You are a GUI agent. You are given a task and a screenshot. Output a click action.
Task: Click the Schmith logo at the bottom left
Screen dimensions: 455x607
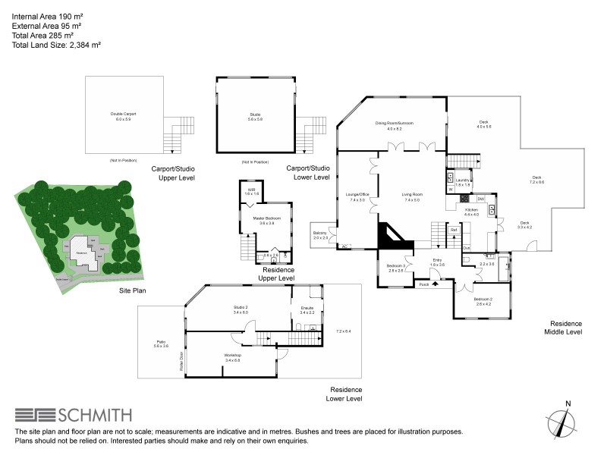pos(73,415)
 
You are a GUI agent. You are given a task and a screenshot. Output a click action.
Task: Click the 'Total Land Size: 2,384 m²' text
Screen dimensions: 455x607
pos(57,45)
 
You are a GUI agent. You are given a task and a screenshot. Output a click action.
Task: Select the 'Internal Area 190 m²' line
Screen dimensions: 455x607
pos(47,15)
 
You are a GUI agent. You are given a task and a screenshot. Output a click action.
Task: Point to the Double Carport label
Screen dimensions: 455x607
pos(123,116)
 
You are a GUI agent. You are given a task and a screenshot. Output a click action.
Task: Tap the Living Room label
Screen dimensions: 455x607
pos(412,197)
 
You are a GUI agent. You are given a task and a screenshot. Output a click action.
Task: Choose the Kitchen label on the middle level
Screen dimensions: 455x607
pos(471,212)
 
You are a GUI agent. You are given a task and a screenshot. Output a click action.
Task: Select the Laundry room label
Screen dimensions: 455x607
pos(463,181)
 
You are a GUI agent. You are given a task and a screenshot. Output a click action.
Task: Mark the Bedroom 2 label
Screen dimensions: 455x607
pos(483,301)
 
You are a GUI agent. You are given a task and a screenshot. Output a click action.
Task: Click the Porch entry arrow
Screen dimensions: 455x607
pos(435,285)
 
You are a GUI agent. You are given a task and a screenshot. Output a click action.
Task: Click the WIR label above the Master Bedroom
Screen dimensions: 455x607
pos(251,191)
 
